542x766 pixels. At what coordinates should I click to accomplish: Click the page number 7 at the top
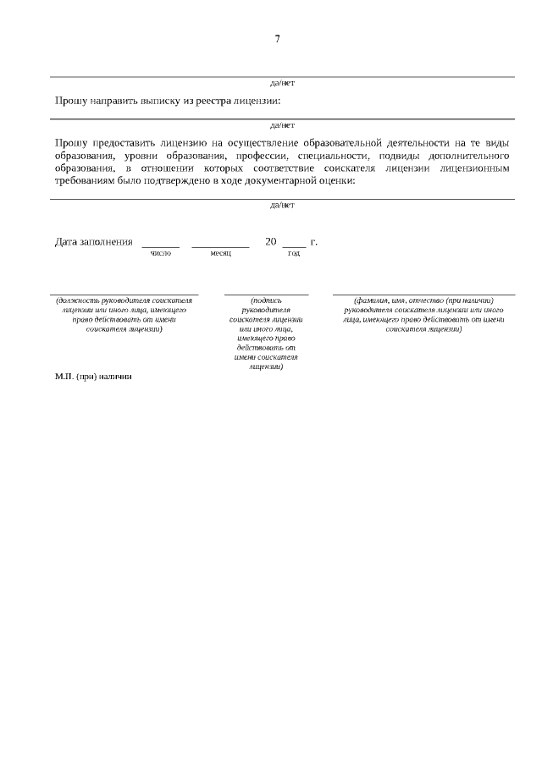tap(277, 39)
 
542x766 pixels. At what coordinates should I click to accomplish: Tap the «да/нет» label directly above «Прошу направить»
tap(282, 83)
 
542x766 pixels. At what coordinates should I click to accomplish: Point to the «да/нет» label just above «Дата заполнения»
tap(282, 205)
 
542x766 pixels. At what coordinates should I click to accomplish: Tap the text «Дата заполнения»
tap(94, 242)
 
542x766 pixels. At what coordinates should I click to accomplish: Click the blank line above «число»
tap(160, 245)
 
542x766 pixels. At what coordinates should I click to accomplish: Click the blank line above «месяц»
tap(220, 245)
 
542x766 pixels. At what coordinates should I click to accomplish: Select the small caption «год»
tap(294, 253)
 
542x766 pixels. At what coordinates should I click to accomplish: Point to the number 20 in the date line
tap(271, 242)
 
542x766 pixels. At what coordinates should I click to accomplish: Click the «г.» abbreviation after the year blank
tap(314, 242)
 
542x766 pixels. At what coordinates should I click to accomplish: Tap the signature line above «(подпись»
tap(266, 294)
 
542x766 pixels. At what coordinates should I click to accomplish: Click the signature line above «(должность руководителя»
tap(124, 294)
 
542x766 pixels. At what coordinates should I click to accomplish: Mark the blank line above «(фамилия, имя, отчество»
tap(423, 294)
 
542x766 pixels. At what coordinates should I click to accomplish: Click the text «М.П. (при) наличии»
tap(94, 376)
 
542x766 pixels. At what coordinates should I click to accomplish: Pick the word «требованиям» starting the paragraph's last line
tap(89, 180)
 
